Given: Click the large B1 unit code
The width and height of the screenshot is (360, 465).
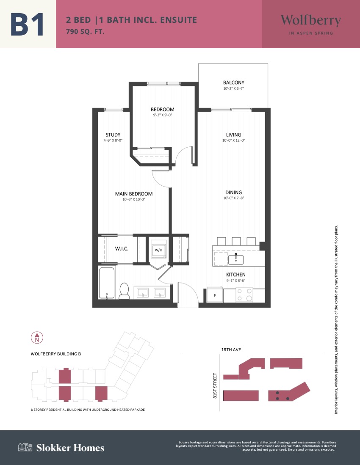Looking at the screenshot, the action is (x=27, y=24).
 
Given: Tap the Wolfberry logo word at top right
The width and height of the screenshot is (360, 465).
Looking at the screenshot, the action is (x=311, y=20).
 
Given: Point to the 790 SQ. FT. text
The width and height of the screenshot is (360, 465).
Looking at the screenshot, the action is (x=85, y=31).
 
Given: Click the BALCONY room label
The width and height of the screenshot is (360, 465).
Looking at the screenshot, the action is (x=233, y=83).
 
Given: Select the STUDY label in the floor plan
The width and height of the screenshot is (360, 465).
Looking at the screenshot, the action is (x=113, y=135).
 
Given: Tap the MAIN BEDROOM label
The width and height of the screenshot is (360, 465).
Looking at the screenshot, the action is (x=134, y=194).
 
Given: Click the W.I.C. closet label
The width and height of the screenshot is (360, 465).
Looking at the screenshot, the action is (x=122, y=248).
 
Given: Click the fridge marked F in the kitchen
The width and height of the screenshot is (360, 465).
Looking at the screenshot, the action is (x=215, y=295).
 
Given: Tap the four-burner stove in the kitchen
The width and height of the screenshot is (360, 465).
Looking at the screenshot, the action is (x=244, y=295).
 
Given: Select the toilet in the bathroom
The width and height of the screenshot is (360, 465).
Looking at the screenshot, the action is (x=124, y=291).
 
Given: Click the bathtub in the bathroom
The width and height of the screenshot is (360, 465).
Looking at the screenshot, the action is (x=107, y=283).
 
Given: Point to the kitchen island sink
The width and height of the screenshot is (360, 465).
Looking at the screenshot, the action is (x=236, y=259).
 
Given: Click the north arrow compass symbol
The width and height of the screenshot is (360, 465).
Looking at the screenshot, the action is (x=37, y=338).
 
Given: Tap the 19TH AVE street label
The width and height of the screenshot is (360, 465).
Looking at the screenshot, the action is (x=231, y=349).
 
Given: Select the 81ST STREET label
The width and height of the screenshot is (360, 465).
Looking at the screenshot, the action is (x=215, y=385).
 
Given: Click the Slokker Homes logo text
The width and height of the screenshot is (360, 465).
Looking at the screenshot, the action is (x=70, y=448).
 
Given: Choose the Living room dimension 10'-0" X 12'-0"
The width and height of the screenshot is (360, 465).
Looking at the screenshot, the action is (x=233, y=140).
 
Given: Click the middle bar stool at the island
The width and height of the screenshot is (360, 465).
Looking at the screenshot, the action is (x=236, y=241).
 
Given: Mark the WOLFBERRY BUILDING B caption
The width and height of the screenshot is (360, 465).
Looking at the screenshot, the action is (x=56, y=354).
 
